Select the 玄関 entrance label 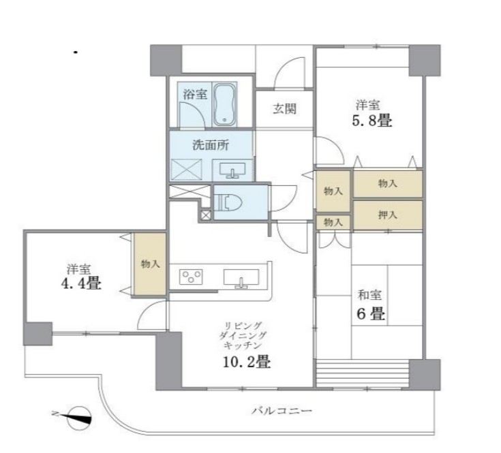(285, 109)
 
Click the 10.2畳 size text (245, 362)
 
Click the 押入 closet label (387, 215)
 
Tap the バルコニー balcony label (281, 411)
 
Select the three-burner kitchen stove (192, 277)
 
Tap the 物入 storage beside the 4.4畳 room (150, 264)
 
